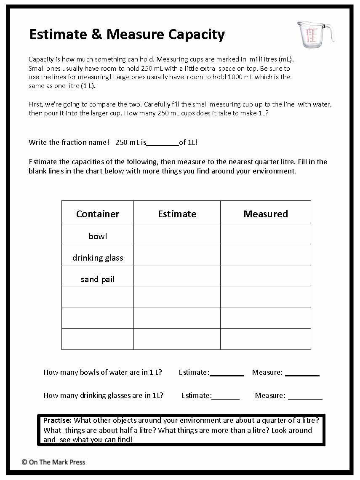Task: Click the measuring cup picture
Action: pyautogui.click(x=314, y=34)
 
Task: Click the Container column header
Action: pyautogui.click(x=98, y=214)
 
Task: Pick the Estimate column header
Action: pyautogui.click(x=177, y=214)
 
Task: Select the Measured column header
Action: pyautogui.click(x=266, y=214)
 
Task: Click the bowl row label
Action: pyautogui.click(x=98, y=236)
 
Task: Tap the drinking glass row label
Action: pyautogui.click(x=98, y=258)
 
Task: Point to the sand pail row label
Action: pyautogui.click(x=98, y=279)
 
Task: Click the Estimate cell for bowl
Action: pyautogui.click(x=177, y=234)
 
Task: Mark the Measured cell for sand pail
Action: pyautogui.click(x=266, y=276)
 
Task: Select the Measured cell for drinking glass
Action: pyautogui.click(x=266, y=255)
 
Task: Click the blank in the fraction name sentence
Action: pyautogui.click(x=163, y=143)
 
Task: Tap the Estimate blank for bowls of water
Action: pyautogui.click(x=227, y=373)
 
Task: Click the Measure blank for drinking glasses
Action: pyautogui.click(x=305, y=396)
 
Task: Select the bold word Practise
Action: pyautogui.click(x=58, y=420)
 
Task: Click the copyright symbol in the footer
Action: pyautogui.click(x=24, y=462)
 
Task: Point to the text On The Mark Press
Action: pyautogui.click(x=57, y=462)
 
